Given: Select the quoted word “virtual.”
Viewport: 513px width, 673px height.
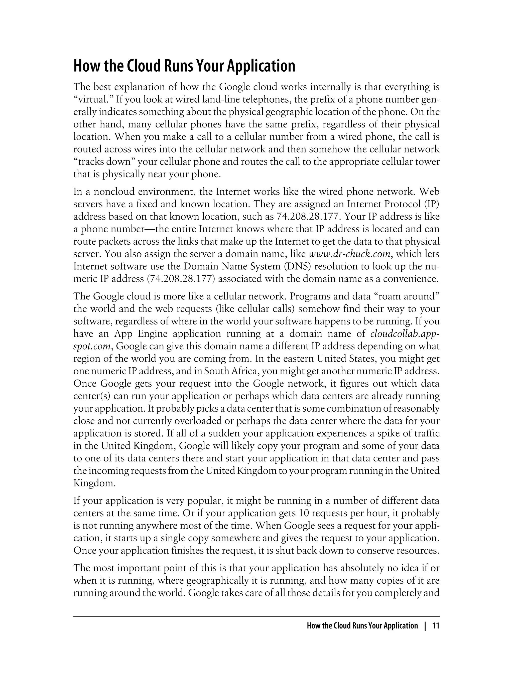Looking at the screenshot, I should [x=93, y=99].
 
